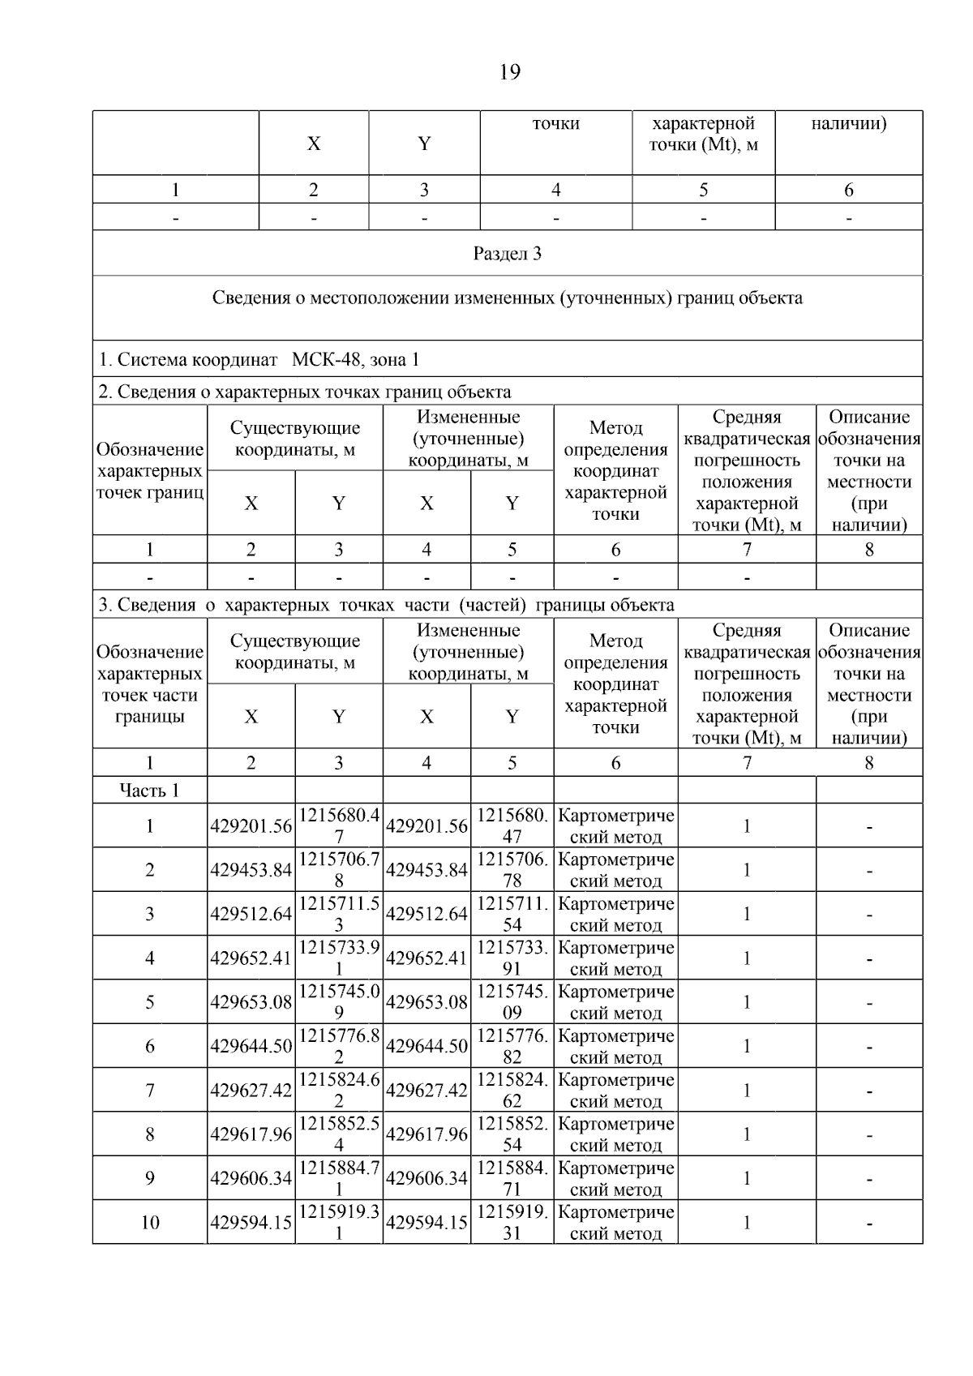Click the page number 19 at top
click(x=509, y=73)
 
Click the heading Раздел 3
click(x=507, y=254)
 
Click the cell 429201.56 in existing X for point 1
click(x=251, y=826)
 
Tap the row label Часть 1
click(x=149, y=791)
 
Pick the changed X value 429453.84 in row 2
click(x=426, y=870)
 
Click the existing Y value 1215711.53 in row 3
click(x=339, y=914)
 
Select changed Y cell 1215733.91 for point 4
click(x=512, y=958)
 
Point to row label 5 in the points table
click(x=149, y=1002)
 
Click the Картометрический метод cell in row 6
click(x=615, y=1046)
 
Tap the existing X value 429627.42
click(x=251, y=1091)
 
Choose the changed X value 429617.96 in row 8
click(x=426, y=1134)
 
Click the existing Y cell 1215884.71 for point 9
click(x=339, y=1178)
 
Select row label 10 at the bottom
click(x=149, y=1223)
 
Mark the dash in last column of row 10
click(x=868, y=1223)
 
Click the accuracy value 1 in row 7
click(x=746, y=1091)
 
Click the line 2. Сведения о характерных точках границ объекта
click(x=305, y=392)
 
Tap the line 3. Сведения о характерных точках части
click(x=386, y=605)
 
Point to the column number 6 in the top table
click(x=848, y=191)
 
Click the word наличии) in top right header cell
click(x=848, y=124)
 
